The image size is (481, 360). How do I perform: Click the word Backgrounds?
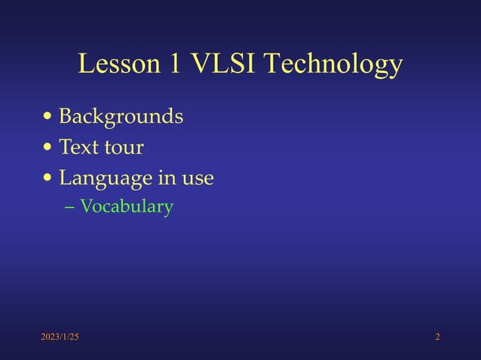tap(121, 117)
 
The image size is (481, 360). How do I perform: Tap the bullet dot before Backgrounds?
tap(48, 117)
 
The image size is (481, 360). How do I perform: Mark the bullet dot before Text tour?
tap(48, 148)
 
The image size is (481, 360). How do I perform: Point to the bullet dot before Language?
tap(48, 179)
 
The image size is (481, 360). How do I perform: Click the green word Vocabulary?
tap(127, 206)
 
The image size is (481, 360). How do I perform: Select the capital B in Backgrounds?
tap(66, 117)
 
